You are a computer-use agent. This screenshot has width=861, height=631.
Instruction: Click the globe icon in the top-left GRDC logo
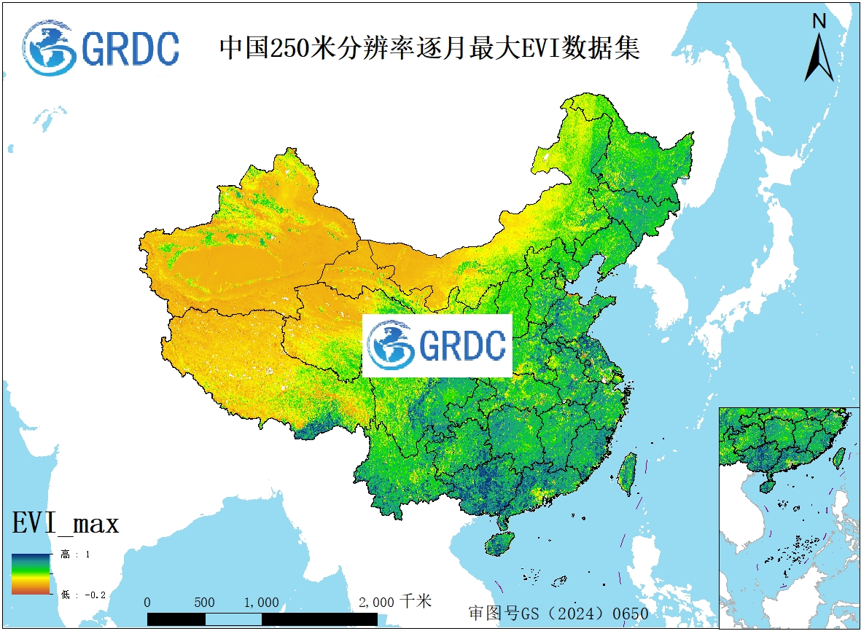pos(49,47)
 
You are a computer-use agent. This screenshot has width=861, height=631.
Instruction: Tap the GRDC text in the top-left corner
pos(130,49)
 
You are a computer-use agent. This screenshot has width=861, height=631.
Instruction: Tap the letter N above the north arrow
pos(819,21)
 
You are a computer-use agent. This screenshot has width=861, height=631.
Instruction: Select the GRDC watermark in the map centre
pos(437,345)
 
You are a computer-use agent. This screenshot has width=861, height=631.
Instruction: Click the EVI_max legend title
pos(65,523)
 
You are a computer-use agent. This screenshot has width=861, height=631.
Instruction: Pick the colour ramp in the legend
pos(30,574)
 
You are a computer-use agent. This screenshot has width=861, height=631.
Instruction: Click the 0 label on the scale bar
pos(147,603)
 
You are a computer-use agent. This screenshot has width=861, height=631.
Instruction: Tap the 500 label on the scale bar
pos(204,603)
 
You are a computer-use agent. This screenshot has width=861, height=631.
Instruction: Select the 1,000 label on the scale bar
pos(261,603)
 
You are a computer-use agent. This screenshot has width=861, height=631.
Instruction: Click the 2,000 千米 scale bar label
pos(395,602)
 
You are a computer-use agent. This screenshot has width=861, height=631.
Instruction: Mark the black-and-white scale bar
pos(262,619)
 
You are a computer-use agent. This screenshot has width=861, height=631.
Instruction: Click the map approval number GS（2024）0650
pos(558,614)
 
